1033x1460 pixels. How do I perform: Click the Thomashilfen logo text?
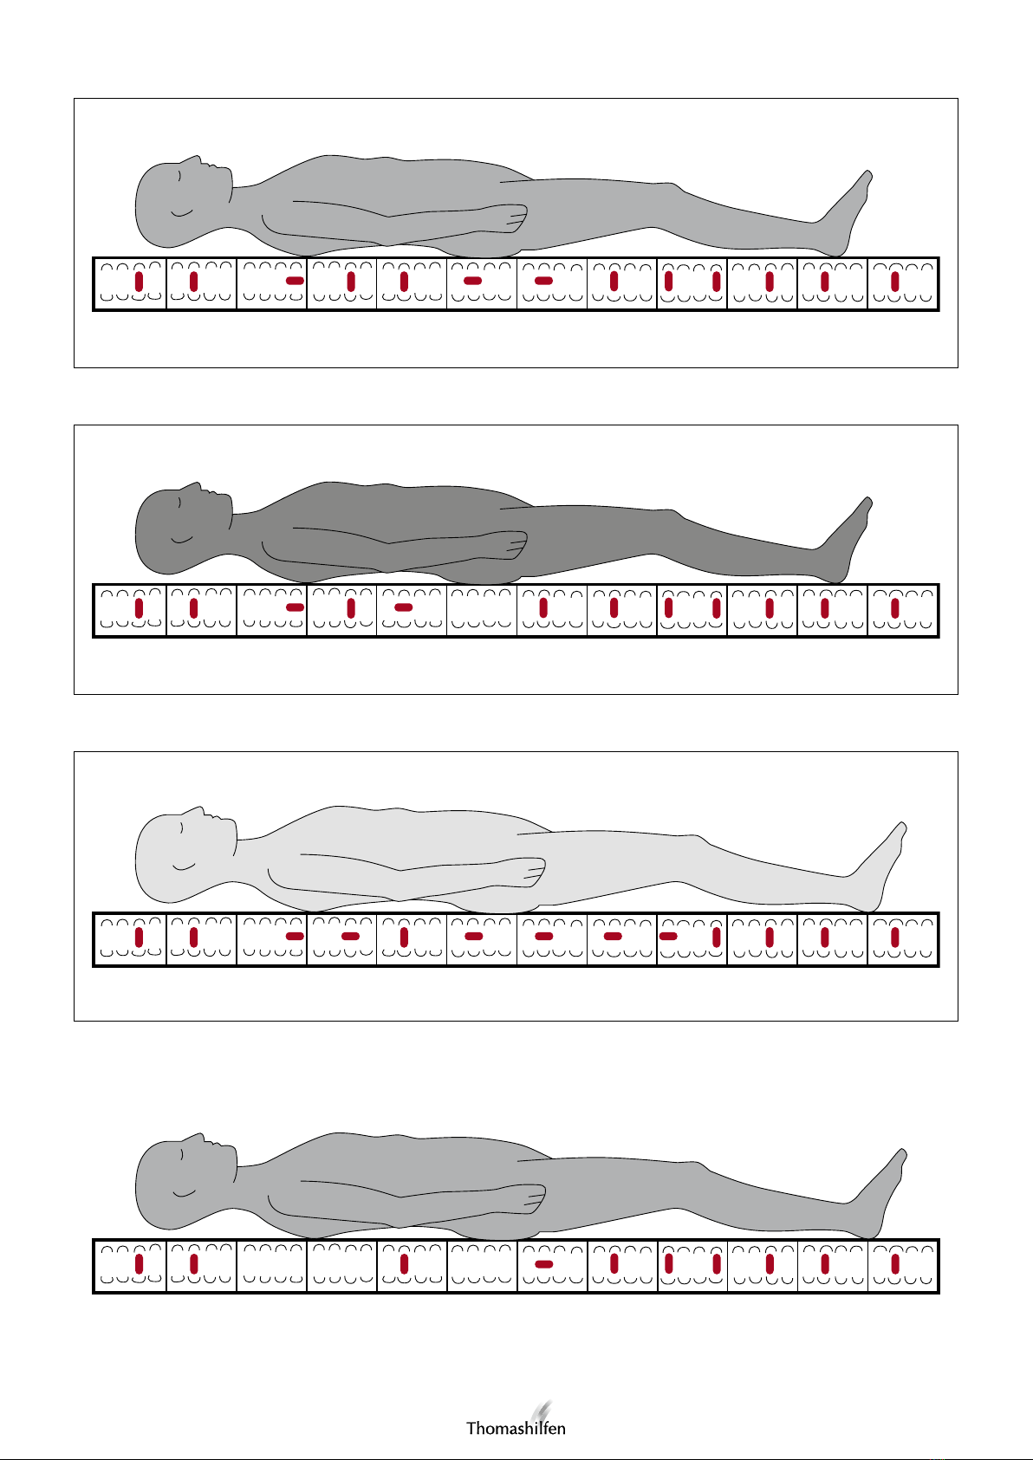[x=516, y=1428]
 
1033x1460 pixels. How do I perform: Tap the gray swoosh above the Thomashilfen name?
[x=541, y=1410]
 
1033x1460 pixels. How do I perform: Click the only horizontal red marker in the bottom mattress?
[x=543, y=1264]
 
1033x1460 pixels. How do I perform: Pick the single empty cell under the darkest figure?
[x=482, y=609]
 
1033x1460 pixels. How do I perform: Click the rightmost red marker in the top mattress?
[x=895, y=282]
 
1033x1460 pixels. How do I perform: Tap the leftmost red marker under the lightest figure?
[x=139, y=938]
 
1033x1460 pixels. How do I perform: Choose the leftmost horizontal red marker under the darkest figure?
[x=296, y=607]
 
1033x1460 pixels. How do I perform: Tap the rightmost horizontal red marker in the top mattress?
[x=543, y=281]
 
